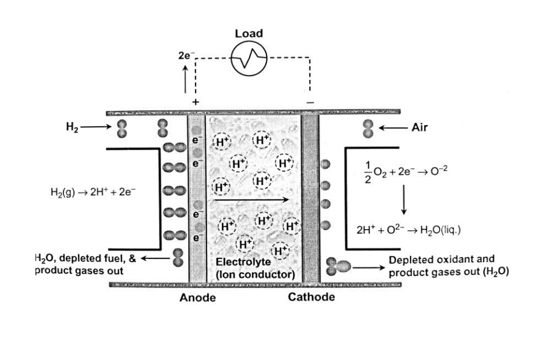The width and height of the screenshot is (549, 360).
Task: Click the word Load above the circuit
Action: click(249, 33)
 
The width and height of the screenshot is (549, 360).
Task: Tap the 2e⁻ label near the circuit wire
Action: click(186, 56)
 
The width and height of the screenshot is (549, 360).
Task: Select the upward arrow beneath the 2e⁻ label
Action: click(185, 79)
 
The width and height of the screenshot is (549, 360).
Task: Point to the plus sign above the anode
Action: click(196, 102)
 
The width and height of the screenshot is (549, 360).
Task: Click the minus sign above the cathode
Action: click(310, 102)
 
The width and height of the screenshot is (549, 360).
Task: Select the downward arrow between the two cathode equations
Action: click(404, 199)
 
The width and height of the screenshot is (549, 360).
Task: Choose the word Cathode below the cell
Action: click(311, 297)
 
